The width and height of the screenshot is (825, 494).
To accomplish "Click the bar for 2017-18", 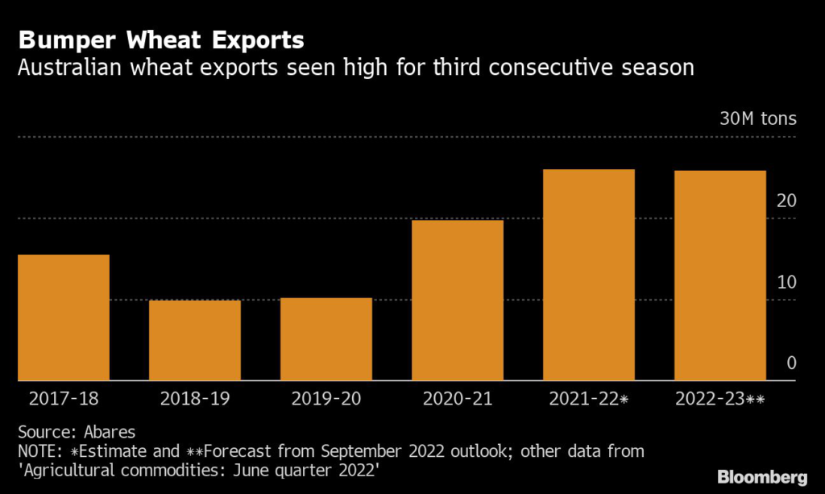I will click(63, 318).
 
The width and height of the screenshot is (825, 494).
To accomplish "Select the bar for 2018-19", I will click(194, 340).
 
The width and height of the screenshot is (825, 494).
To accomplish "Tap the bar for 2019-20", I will click(325, 339).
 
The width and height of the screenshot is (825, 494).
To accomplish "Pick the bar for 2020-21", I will click(457, 300).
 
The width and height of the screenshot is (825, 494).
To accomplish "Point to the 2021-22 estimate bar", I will click(588, 275).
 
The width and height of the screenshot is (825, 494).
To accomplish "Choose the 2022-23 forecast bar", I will click(719, 276).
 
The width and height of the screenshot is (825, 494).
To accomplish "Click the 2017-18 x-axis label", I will click(63, 398).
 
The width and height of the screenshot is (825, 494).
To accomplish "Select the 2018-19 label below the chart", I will click(194, 398).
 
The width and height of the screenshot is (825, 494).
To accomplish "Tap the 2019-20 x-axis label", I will click(325, 398).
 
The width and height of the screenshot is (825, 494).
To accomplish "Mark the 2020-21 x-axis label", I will click(457, 398).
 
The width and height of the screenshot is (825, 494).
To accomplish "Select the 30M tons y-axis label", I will click(757, 119).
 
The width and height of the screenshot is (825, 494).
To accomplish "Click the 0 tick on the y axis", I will click(791, 363).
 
